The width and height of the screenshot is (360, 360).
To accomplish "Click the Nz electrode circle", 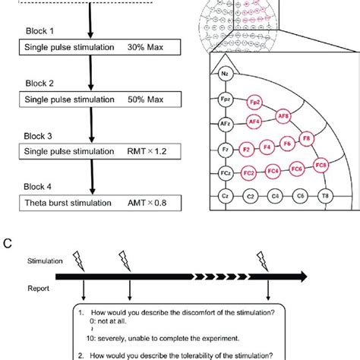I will pos(224,74).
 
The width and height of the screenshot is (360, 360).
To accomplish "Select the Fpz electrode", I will pos(225,99).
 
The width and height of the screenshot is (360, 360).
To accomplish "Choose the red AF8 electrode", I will pos(283,116).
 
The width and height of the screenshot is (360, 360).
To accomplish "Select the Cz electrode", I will pos(225,196).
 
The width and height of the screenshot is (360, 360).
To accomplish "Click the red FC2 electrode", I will pos(248,172).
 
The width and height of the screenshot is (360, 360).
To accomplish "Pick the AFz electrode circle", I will pos(225,124).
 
